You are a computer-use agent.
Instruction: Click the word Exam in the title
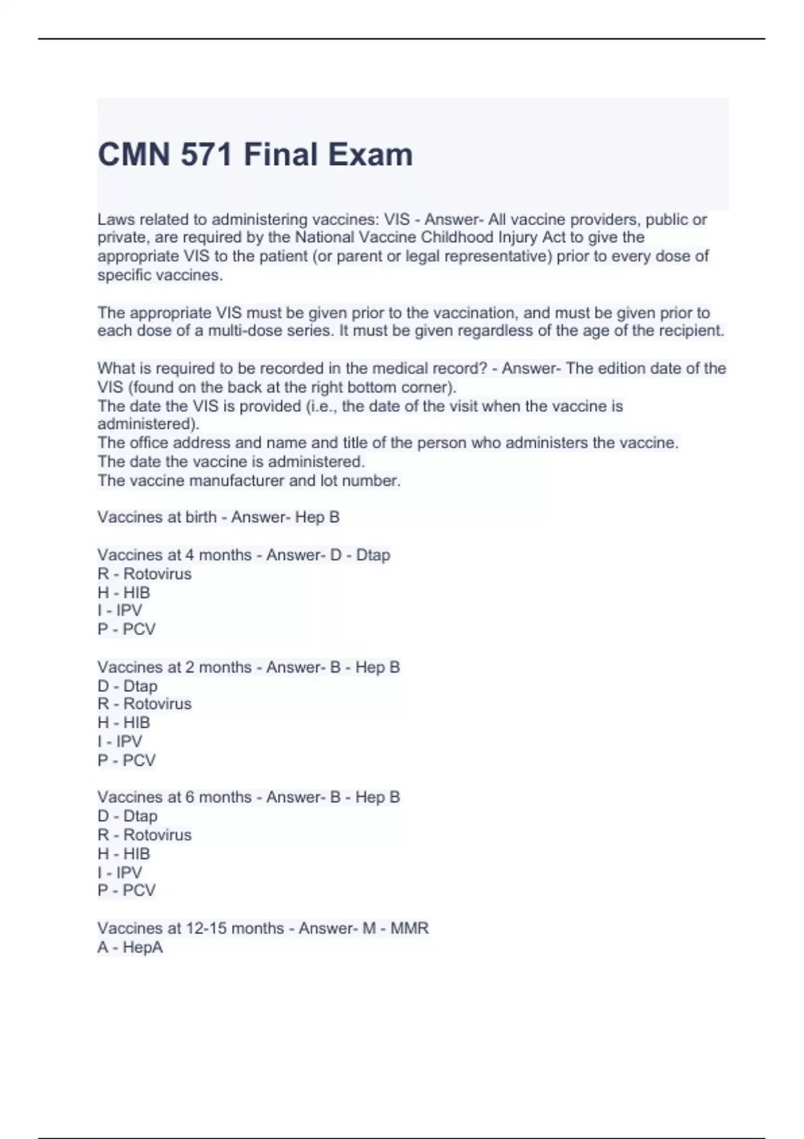coord(371,155)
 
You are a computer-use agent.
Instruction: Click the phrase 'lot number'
coord(371,481)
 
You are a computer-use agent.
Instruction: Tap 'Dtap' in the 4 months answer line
coord(373,555)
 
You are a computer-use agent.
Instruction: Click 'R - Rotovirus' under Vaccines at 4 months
coord(144,574)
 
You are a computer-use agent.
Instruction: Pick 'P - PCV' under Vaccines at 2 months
coord(127,760)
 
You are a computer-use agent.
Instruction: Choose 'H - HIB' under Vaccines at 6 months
coord(124,854)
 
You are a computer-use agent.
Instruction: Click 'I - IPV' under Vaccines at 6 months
coord(120,873)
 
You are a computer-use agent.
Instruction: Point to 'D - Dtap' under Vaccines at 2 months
coord(127,686)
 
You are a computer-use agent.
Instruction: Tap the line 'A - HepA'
coord(130,947)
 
